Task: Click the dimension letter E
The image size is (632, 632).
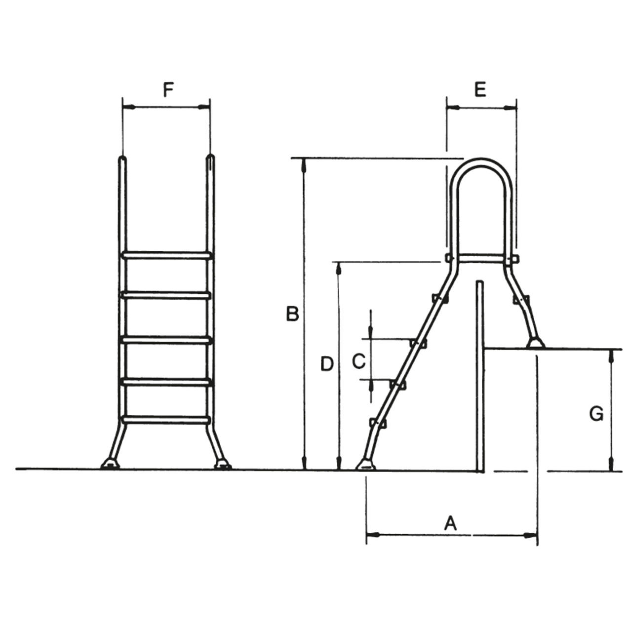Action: [480, 89]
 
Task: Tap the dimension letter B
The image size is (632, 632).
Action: [293, 314]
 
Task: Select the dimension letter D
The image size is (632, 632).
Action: [327, 364]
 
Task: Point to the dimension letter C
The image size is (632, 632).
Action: [359, 362]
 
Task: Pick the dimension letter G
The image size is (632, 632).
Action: [596, 414]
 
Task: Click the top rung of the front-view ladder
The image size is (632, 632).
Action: [166, 255]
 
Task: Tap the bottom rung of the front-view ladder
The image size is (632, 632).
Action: [166, 420]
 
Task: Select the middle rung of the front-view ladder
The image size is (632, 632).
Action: [166, 340]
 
